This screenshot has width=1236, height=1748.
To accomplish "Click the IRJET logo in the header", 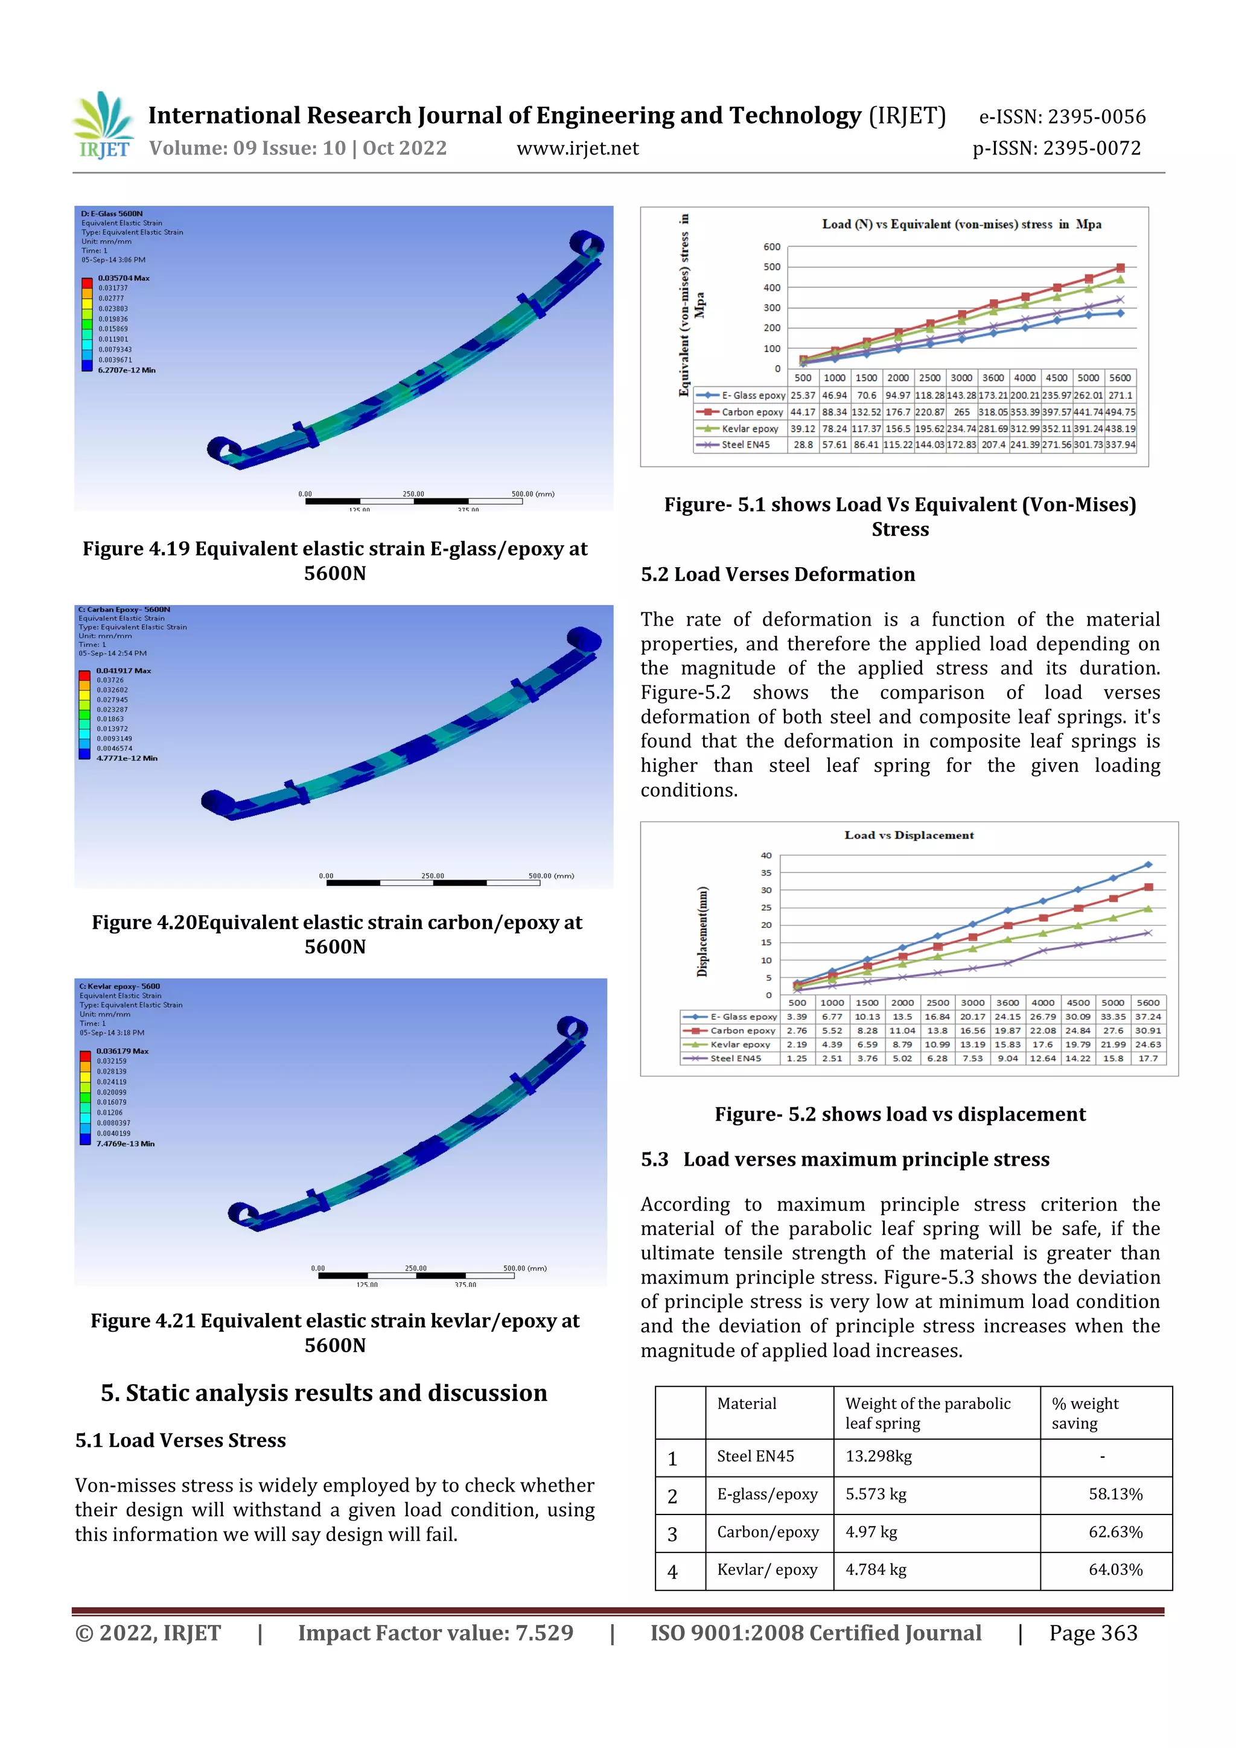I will click(x=103, y=126).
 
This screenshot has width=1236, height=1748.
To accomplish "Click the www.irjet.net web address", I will click(x=577, y=148).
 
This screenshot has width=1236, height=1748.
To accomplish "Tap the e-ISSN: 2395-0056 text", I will click(x=1062, y=116).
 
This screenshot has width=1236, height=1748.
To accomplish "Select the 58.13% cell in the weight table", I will click(x=1115, y=1495).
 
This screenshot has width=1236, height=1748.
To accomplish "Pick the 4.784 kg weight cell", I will click(x=876, y=1570).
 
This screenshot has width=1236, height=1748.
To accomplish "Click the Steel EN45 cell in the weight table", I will click(x=755, y=1457).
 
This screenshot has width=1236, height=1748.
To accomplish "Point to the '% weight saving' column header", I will click(x=1085, y=1413).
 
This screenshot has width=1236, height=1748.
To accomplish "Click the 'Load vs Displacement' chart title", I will click(x=908, y=835).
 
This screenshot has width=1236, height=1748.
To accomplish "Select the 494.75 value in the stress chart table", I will click(x=1120, y=412).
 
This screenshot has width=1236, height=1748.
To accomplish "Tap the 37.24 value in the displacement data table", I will click(x=1148, y=1017).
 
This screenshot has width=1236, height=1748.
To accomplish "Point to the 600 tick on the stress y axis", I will click(x=771, y=247).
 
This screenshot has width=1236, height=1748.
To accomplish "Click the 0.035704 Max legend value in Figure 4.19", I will click(x=123, y=278).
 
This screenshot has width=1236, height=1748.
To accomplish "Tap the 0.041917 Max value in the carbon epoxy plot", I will click(x=123, y=671).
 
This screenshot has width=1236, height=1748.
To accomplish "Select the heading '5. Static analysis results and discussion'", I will click(x=323, y=1393).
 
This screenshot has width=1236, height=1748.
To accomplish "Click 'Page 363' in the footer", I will click(x=1093, y=1633).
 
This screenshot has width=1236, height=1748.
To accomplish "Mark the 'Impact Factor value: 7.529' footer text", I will click(x=435, y=1633).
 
